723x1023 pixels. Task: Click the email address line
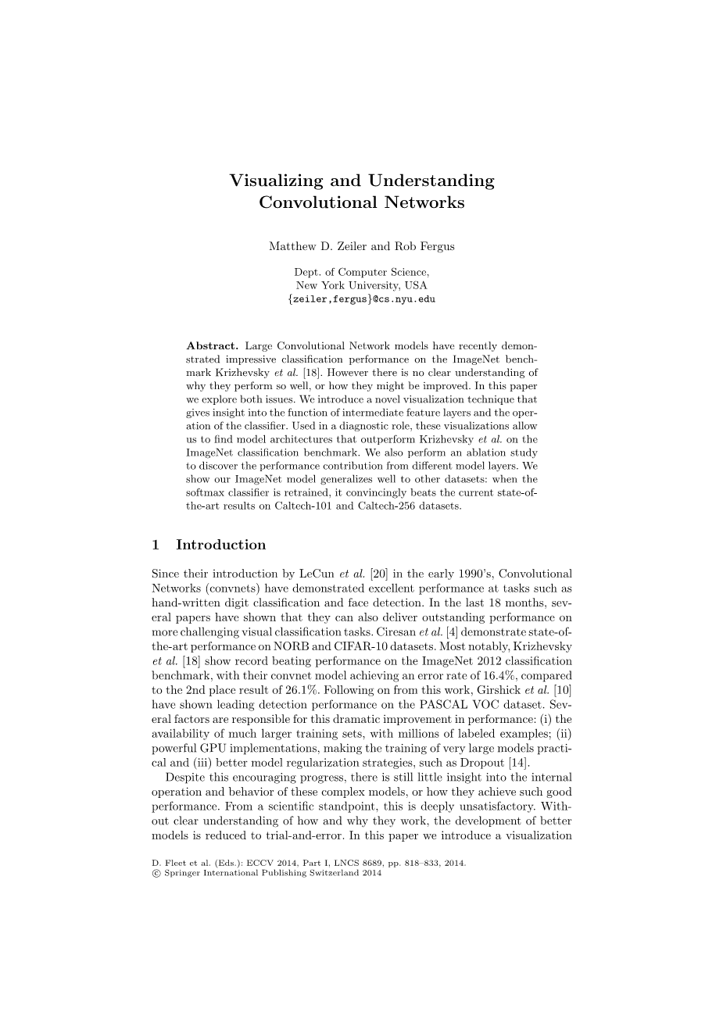click(x=361, y=299)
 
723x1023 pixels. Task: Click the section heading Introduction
click(x=221, y=545)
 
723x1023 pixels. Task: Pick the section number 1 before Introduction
click(x=156, y=545)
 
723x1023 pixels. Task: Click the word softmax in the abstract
click(x=206, y=492)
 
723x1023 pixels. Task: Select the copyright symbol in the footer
click(x=156, y=874)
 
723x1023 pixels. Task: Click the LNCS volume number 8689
click(x=351, y=864)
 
